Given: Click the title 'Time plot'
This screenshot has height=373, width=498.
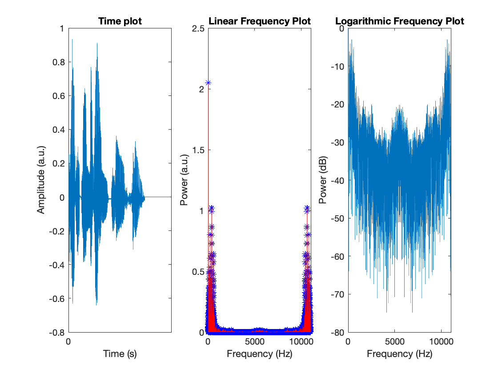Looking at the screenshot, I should [x=120, y=21].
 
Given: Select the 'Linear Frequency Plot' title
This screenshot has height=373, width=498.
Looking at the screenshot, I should [x=260, y=21].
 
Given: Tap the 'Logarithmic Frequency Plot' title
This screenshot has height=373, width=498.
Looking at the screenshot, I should [x=399, y=21].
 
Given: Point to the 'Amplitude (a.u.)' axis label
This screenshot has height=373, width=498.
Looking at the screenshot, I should [x=41, y=180].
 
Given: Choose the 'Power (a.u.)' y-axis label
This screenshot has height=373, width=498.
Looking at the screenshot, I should [x=183, y=180].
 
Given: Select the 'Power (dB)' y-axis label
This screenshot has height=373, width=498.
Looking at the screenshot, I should [x=323, y=180].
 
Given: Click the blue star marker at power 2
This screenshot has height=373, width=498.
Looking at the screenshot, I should [x=208, y=83].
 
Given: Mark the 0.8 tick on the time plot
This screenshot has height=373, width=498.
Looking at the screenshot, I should [x=58, y=62].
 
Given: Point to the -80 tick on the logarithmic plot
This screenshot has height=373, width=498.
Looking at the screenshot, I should [x=337, y=332].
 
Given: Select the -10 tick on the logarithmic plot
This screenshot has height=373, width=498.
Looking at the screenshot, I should [x=337, y=67].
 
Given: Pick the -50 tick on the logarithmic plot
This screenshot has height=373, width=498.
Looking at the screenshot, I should [x=337, y=218].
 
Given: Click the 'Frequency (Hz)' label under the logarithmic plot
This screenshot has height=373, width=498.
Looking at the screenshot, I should [x=399, y=354].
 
